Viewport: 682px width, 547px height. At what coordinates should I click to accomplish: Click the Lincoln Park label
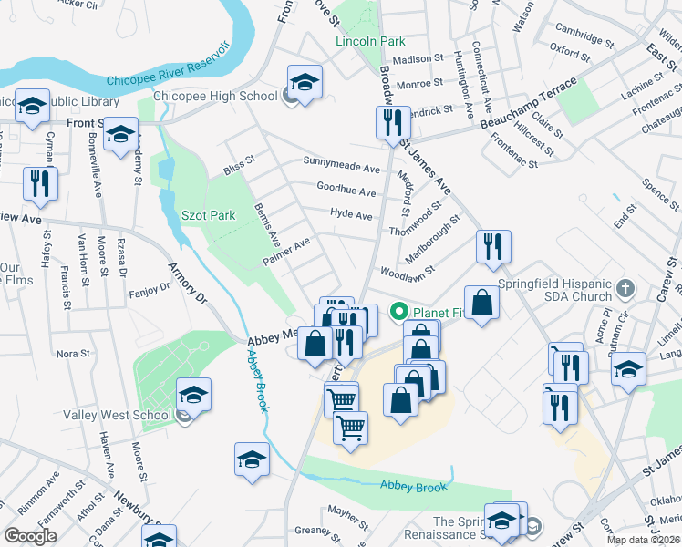[369, 42]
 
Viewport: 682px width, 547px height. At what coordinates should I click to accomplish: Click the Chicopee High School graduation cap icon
[305, 80]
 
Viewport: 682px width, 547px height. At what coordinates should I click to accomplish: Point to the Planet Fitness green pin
[398, 312]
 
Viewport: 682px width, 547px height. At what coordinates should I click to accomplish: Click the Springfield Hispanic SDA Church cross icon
[625, 290]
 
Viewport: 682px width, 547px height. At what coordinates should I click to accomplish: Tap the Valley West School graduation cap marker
[193, 396]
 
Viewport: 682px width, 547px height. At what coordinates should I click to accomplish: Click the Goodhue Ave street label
[346, 192]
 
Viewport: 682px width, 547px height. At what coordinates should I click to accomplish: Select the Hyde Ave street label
[351, 216]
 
